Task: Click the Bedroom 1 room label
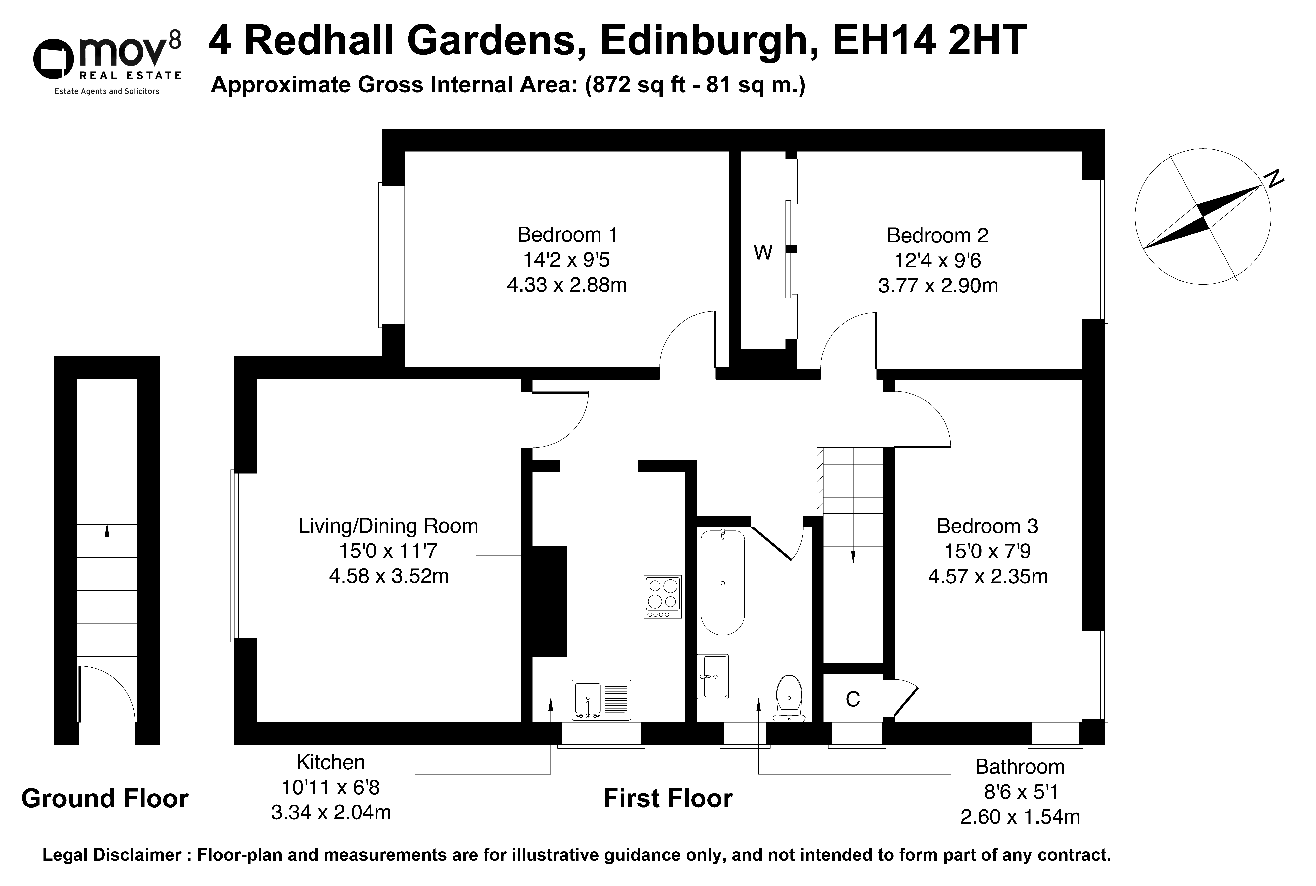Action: (567, 234)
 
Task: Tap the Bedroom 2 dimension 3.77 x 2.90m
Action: (938, 285)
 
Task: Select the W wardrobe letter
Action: (763, 253)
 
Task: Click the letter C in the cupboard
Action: (853, 700)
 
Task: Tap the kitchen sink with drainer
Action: (601, 700)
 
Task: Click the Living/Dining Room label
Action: (388, 526)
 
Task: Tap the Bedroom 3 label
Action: (987, 526)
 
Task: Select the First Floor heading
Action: (668, 798)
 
